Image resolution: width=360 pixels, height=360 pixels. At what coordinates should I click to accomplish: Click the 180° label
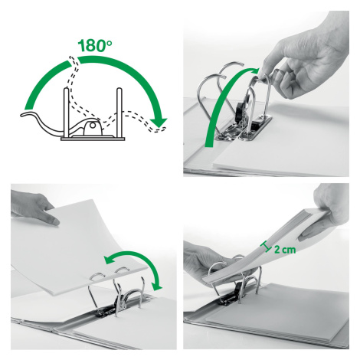pyautogui.click(x=94, y=45)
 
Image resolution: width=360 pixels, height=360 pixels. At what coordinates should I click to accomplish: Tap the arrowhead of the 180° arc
pyautogui.click(x=159, y=122)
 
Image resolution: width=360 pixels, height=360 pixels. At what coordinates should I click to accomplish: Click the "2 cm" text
pyautogui.click(x=285, y=249)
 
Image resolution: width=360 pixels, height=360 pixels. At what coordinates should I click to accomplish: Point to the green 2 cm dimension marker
pyautogui.click(x=266, y=247)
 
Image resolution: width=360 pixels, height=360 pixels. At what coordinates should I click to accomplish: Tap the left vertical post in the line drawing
pyautogui.click(x=67, y=113)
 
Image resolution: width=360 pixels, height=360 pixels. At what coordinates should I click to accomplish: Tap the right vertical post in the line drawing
pyautogui.click(x=119, y=113)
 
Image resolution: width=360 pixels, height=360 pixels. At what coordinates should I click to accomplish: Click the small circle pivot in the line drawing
pyautogui.click(x=93, y=126)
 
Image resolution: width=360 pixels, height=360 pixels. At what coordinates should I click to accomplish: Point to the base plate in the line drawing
pyautogui.click(x=93, y=139)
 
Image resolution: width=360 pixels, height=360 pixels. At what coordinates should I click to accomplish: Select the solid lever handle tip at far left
pyautogui.click(x=25, y=115)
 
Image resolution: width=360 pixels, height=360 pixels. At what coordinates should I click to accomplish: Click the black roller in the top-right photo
pyautogui.click(x=240, y=113)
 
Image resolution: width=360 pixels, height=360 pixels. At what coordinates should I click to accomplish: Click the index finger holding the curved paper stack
pyautogui.click(x=49, y=218)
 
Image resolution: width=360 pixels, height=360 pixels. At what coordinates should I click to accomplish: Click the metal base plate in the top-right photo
pyautogui.click(x=245, y=129)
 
